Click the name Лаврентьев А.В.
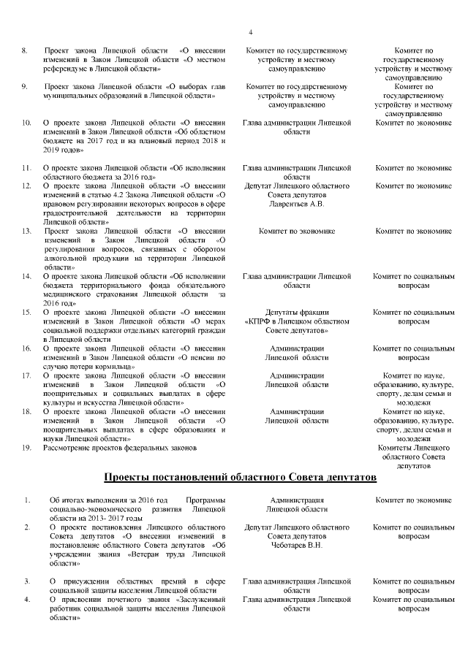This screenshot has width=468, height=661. (296, 204)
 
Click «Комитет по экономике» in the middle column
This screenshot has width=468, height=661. (296, 231)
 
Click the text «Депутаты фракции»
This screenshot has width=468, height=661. (296, 312)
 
